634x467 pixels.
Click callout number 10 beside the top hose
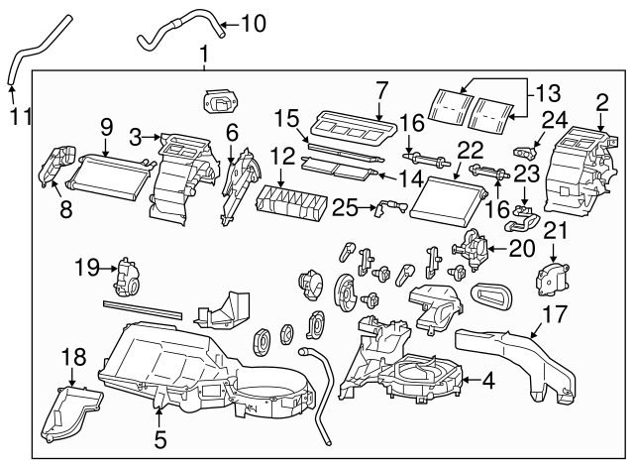[x=254, y=22]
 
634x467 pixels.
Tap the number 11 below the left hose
[x=19, y=118]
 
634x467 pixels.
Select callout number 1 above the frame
[x=204, y=51]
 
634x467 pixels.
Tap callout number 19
[x=87, y=265]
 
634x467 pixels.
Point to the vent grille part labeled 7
[x=347, y=129]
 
